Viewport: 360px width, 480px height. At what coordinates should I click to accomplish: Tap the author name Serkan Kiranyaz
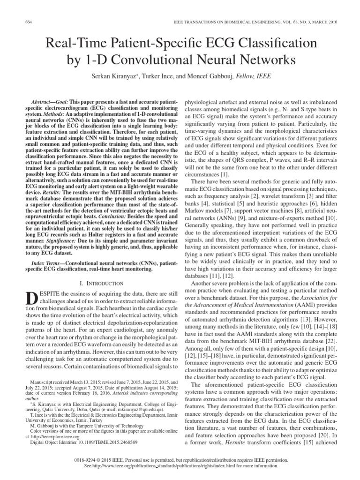coord(117,76)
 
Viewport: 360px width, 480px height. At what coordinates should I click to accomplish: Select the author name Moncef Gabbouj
coord(209,76)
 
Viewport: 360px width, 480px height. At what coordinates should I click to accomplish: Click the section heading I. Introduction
coord(101,283)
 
